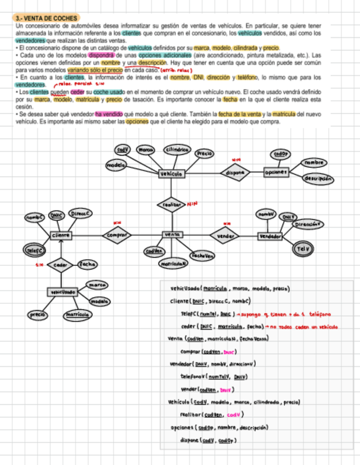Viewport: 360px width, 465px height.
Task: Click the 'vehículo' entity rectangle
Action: pos(172,173)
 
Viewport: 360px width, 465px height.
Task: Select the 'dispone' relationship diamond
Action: pos(234,173)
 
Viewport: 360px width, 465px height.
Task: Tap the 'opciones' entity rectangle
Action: pos(275,172)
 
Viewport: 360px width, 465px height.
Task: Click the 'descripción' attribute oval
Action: pos(318,179)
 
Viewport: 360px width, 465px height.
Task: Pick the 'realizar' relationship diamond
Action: pos(172,204)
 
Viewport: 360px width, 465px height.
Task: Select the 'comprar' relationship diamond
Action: pos(117,235)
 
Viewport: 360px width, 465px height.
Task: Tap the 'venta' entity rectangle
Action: pos(172,235)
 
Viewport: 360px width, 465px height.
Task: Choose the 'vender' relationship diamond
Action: pos(225,236)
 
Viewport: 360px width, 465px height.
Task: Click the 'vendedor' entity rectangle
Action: pos(270,236)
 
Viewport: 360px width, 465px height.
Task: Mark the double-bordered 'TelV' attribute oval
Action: pos(303,248)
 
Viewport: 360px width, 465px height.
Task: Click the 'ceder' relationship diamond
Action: pos(60,265)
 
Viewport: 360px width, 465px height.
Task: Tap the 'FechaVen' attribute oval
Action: pos(203,256)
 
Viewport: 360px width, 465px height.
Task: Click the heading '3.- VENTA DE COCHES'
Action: pos(47,18)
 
